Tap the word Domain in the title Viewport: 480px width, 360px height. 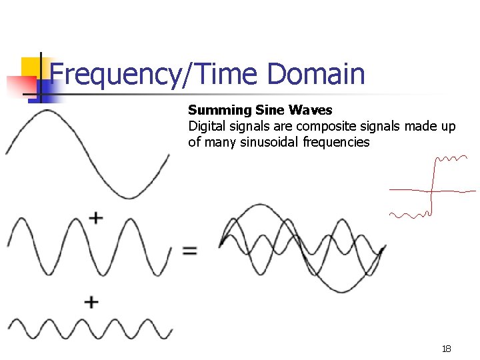(x=316, y=74)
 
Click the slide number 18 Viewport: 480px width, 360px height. (x=446, y=349)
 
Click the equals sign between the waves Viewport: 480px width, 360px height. (x=190, y=251)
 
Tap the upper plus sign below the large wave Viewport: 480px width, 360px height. (x=96, y=217)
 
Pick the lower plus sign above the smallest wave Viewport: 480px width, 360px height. (x=91, y=302)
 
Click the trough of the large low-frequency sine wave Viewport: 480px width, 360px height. (x=128, y=197)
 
